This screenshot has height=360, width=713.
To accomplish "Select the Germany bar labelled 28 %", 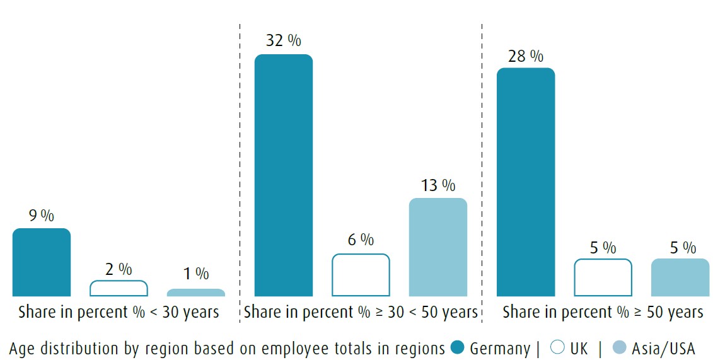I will [526, 182].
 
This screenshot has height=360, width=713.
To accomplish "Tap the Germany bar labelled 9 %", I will [42, 262].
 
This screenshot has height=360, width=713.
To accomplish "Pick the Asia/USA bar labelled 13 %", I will [438, 247].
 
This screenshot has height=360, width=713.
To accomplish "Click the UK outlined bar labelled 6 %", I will [361, 275].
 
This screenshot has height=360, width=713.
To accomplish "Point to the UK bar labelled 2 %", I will [119, 288].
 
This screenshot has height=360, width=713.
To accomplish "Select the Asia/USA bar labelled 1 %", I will [196, 293].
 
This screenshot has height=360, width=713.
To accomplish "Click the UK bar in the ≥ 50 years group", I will [603, 277].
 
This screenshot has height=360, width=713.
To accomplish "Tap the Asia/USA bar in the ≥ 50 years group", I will [680, 277].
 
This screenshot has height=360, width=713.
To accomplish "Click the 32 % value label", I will [283, 40].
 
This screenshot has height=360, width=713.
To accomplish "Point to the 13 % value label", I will [438, 185].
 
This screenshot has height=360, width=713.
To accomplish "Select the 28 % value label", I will [526, 55].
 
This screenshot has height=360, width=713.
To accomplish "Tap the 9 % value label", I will [42, 216].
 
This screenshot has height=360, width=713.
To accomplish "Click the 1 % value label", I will [196, 274].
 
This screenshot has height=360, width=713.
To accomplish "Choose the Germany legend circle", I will [458, 347].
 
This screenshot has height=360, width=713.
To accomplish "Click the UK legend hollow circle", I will [557, 347].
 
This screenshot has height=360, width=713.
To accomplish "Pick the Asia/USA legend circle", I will [620, 347].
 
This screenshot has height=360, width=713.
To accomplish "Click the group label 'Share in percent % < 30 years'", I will [119, 312].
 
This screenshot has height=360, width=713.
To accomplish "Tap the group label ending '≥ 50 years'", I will [603, 312].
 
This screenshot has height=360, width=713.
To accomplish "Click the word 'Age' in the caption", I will [23, 348].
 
